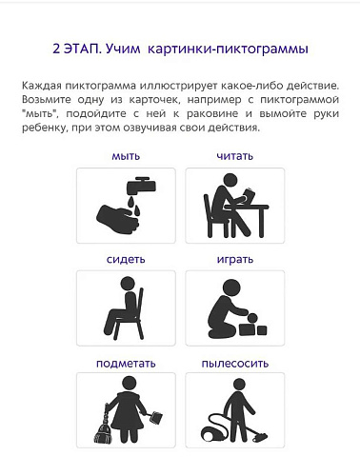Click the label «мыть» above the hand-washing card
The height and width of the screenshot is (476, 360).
(126, 156)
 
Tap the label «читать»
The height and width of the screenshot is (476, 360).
(235, 156)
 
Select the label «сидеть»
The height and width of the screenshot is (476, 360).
(126, 259)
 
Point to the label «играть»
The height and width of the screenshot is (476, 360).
(235, 260)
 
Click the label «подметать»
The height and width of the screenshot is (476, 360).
(126, 363)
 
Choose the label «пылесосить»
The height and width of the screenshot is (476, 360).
(235, 363)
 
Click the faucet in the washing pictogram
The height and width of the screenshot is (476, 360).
(141, 186)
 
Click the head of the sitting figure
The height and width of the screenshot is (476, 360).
(128, 284)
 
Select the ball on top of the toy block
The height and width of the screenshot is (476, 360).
(253, 318)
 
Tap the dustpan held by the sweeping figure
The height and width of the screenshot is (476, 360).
(156, 417)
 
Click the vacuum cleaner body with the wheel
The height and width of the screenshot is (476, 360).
(213, 429)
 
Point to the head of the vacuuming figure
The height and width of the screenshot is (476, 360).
(239, 385)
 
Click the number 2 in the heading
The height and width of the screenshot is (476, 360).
(56, 49)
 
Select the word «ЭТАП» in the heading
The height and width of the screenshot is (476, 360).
(82, 49)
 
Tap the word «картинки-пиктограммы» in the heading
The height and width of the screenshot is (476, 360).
(228, 50)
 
